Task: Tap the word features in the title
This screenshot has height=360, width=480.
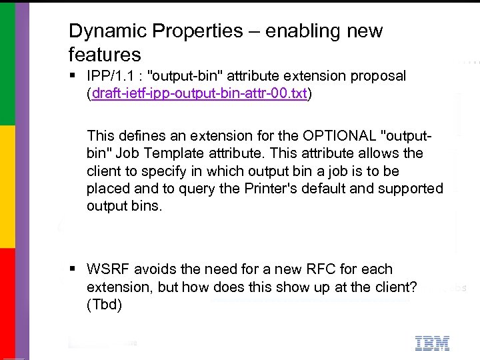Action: click(104, 54)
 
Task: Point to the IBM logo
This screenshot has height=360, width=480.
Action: click(432, 343)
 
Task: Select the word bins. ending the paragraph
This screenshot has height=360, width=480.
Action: click(144, 206)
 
